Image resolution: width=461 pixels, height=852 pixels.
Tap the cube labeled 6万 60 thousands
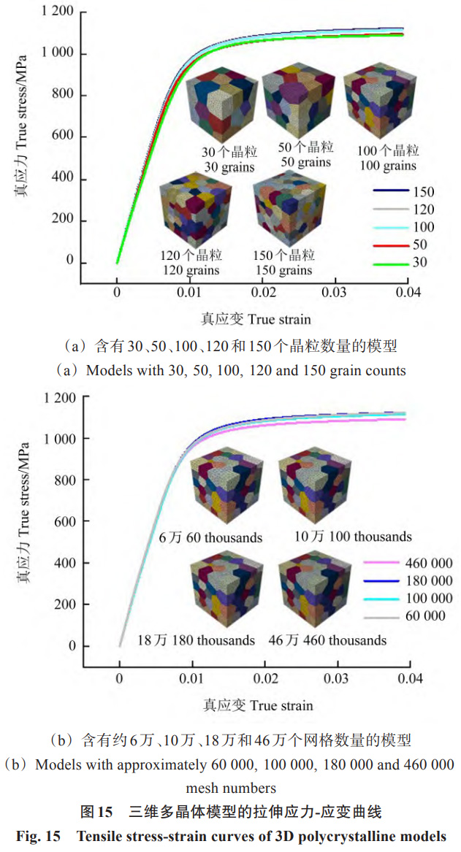pos(221,492)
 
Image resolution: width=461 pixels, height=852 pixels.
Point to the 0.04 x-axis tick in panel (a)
pos(406,293)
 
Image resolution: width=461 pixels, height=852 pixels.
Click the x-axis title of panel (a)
pos(256,319)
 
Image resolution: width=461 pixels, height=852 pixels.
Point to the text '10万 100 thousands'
pos(353,537)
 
